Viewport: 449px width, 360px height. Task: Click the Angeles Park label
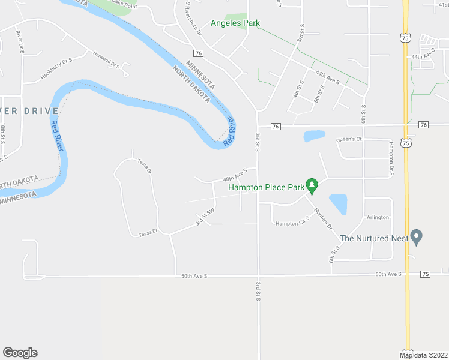pyautogui.click(x=235, y=23)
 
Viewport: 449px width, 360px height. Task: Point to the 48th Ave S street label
pyautogui.click(x=235, y=175)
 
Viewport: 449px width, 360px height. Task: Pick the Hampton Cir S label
pyautogui.click(x=291, y=224)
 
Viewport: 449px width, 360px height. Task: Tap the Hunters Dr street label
pyautogui.click(x=322, y=218)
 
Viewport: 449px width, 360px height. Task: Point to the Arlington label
pyautogui.click(x=378, y=217)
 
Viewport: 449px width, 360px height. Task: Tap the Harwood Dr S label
pyautogui.click(x=107, y=60)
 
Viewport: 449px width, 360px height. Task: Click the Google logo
pyautogui.click(x=20, y=353)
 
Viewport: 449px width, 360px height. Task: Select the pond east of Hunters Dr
pyautogui.click(x=338, y=204)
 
